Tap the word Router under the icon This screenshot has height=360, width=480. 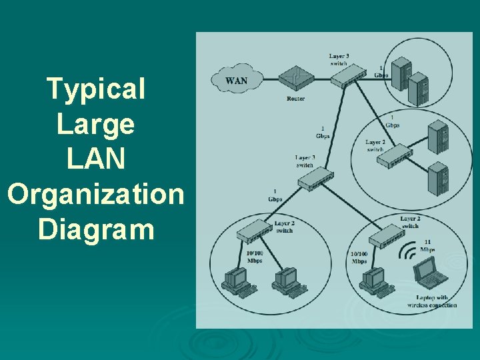pyautogui.click(x=295, y=99)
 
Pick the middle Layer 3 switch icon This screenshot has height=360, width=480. pyautogui.click(x=315, y=178)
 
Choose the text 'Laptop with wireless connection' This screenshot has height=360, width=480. pyautogui.click(x=432, y=302)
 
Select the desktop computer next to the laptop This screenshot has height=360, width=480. pyautogui.click(x=373, y=279)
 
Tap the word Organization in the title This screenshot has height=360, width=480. pyautogui.click(x=95, y=195)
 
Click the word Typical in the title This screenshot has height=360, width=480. pyautogui.click(x=96, y=89)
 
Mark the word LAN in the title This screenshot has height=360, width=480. pyautogui.click(x=96, y=159)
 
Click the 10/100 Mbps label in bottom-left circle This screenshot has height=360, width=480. pyautogui.click(x=255, y=257)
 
